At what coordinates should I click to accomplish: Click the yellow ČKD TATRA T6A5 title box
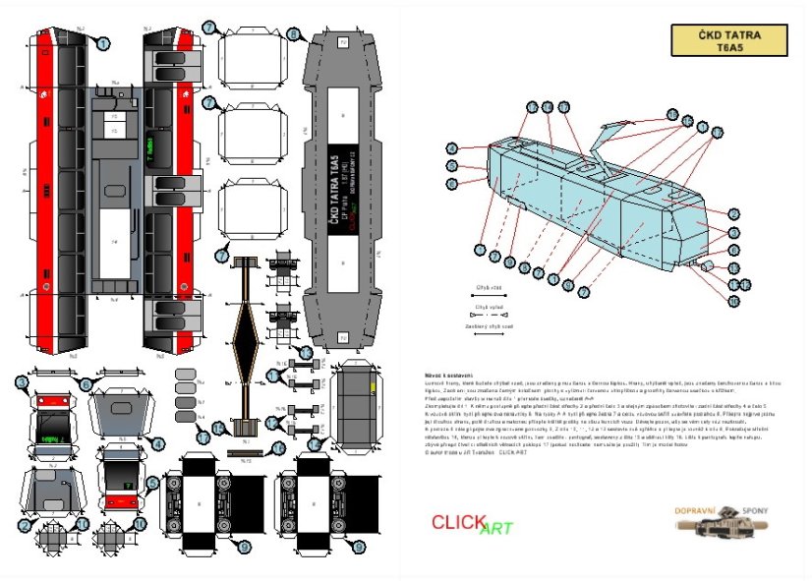pyautogui.click(x=728, y=39)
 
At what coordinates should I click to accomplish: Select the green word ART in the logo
pyautogui.click(x=496, y=529)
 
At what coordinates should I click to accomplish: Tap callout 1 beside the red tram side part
pyautogui.click(x=102, y=42)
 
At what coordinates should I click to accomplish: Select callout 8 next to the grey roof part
pyautogui.click(x=294, y=34)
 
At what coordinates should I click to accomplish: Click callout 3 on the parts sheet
pyautogui.click(x=23, y=383)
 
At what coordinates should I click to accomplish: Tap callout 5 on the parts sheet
pyautogui.click(x=152, y=482)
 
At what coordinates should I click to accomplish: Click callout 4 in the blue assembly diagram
pyautogui.click(x=452, y=148)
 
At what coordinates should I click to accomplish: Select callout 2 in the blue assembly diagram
pyautogui.click(x=733, y=214)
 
